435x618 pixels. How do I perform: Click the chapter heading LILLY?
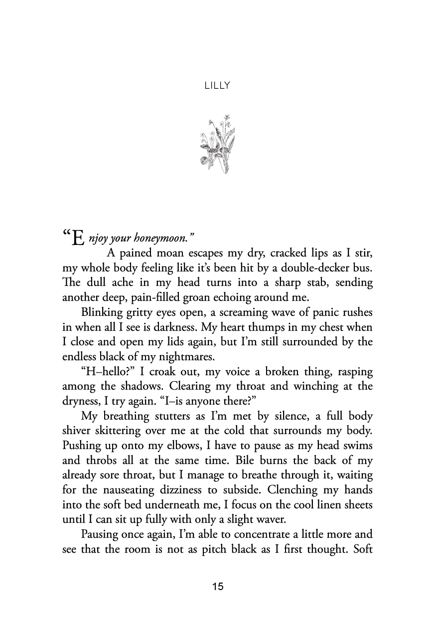tap(217, 86)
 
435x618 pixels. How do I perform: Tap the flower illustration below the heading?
tap(217, 145)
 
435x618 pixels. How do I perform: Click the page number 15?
tap(217, 586)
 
